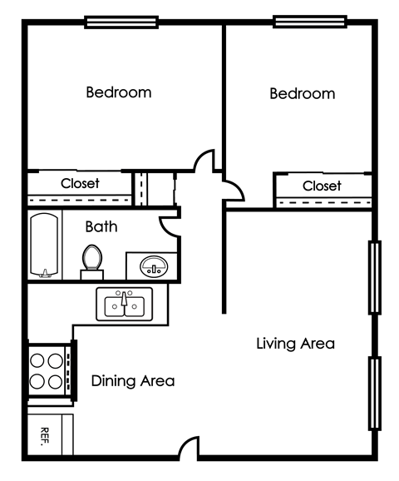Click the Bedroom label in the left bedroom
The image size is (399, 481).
click(119, 92)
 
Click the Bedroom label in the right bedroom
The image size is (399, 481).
click(303, 93)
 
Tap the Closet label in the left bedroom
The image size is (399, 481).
click(80, 183)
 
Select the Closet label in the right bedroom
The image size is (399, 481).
click(322, 186)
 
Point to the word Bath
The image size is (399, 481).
click(101, 226)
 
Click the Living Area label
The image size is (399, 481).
click(295, 343)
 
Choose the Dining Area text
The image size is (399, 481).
click(133, 381)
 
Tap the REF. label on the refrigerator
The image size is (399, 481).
click(44, 436)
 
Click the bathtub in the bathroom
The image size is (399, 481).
click(44, 246)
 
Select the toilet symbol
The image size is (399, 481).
click(91, 260)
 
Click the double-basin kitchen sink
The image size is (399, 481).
click(124, 305)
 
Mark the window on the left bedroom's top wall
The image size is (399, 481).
click(121, 22)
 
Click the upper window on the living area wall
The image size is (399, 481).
click(375, 277)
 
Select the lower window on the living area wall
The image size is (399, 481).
click(375, 393)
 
